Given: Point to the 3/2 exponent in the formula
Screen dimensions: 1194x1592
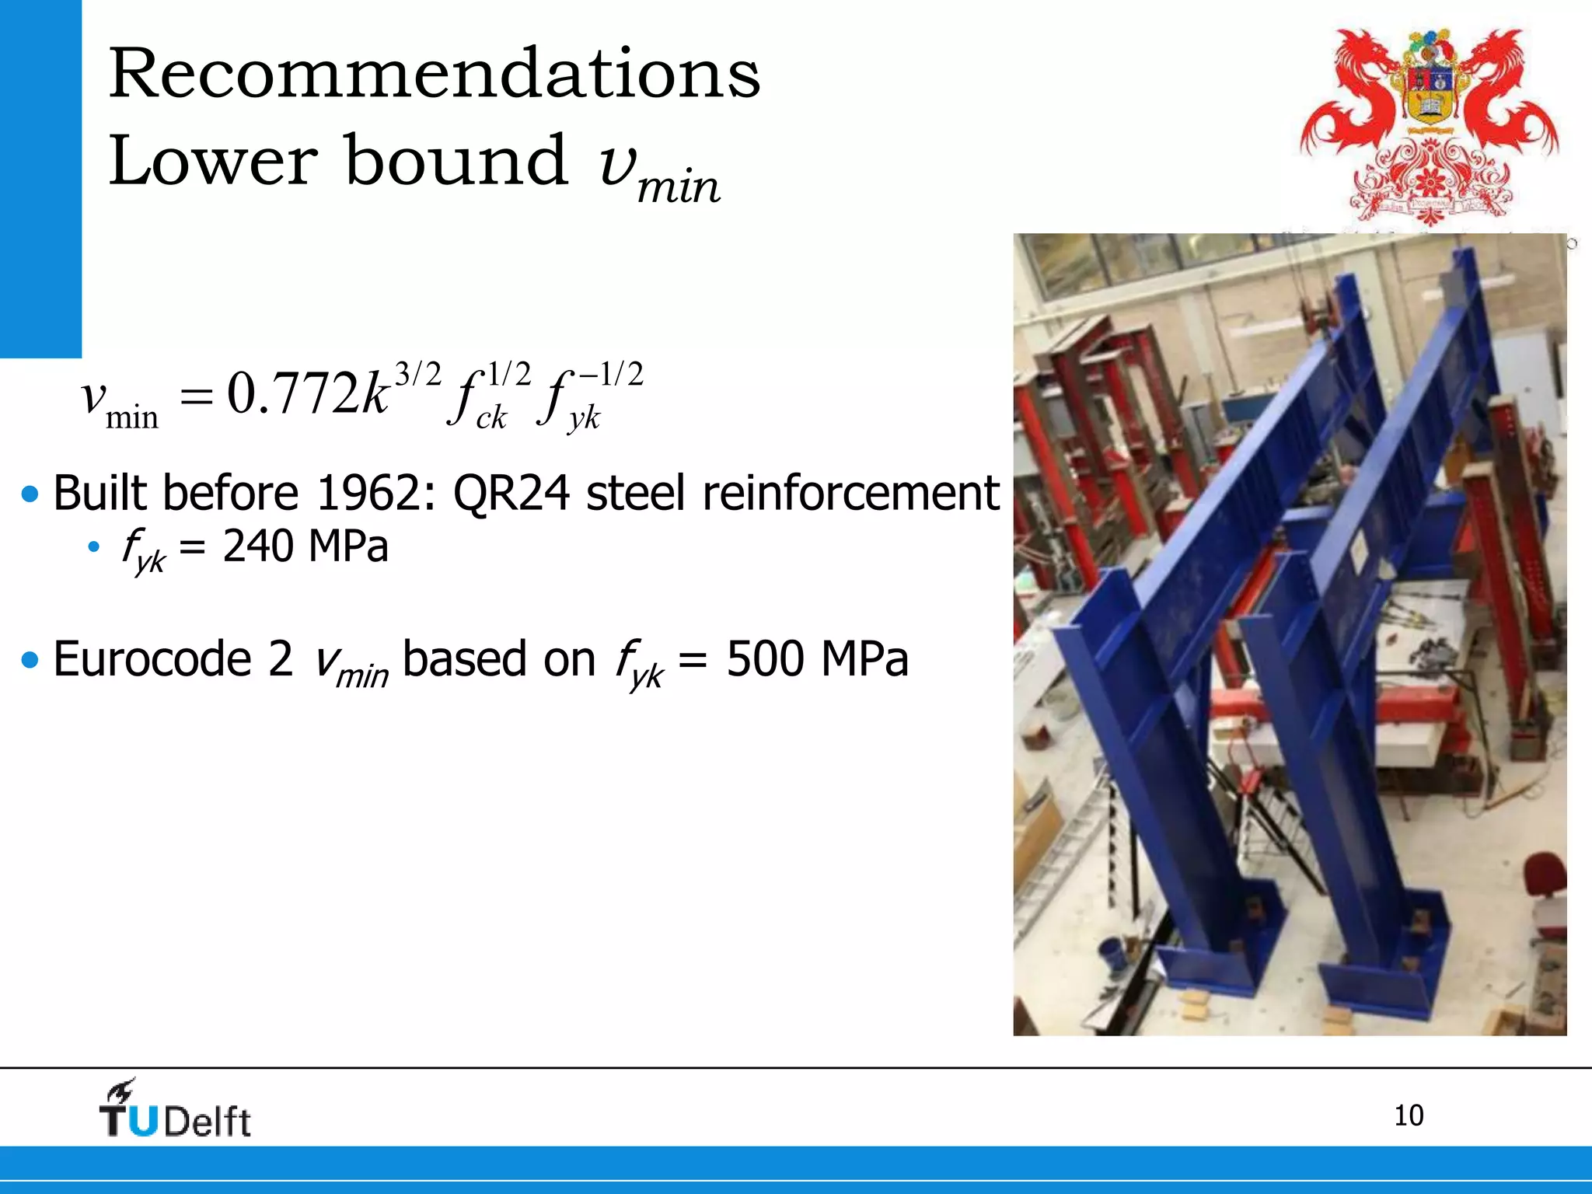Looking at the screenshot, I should point(418,375).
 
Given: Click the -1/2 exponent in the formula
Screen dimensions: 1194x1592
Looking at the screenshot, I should point(612,375).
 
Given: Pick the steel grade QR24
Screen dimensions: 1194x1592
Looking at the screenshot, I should point(511,494).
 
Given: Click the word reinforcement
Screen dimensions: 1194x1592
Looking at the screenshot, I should point(850,493).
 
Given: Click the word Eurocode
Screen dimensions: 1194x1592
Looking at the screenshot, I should point(152,659).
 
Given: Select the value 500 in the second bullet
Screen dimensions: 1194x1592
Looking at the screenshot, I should point(765,659).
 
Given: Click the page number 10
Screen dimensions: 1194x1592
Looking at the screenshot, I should point(1408,1115).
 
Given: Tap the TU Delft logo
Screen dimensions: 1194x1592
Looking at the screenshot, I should point(176,1110).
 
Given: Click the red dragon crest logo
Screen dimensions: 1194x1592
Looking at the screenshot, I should point(1429,124).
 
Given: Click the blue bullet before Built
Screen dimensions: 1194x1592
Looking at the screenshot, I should point(30,494).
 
